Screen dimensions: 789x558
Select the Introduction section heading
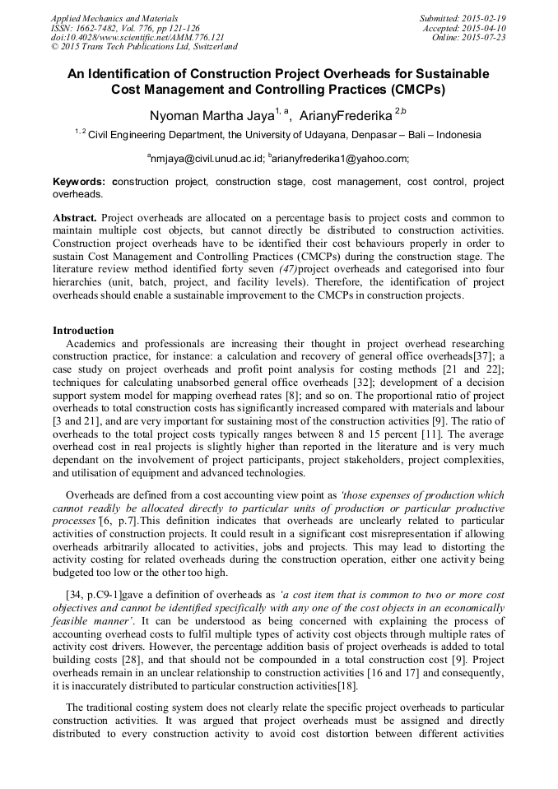click(83, 330)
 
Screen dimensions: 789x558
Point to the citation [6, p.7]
click(115, 522)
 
